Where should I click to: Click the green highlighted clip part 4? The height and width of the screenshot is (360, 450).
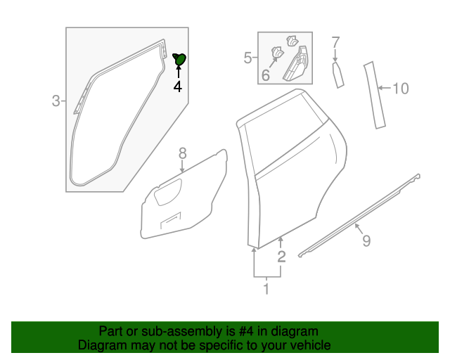coord(179,59)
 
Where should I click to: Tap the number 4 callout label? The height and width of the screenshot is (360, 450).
coord(178,87)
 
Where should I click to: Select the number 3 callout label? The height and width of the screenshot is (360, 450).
coord(56,101)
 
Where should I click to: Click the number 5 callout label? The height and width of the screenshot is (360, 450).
coord(247,58)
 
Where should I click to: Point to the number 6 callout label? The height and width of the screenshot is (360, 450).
coord(266,75)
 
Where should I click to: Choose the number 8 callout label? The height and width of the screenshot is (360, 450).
coord(182,153)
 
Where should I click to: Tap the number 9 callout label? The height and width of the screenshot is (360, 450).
coord(366,241)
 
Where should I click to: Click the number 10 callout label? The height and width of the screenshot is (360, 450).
coord(400,89)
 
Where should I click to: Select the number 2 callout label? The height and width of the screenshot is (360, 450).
coord(281,257)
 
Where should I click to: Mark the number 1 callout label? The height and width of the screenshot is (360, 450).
coord(266,288)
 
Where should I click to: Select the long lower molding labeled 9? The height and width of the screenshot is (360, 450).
coord(359,214)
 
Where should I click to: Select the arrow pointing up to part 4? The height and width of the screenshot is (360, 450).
coord(178,72)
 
